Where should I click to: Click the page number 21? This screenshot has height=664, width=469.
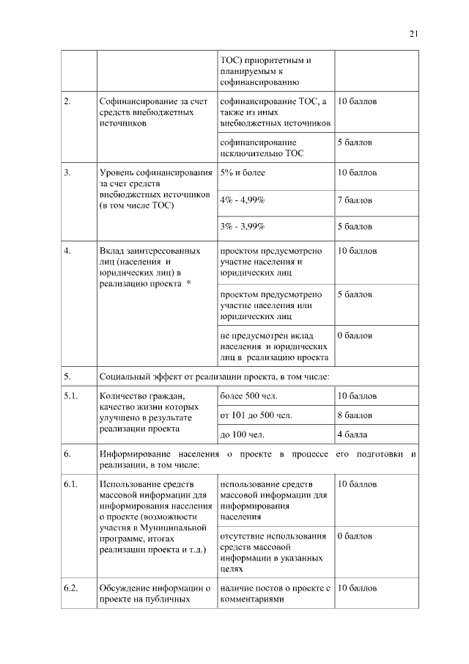[413, 33]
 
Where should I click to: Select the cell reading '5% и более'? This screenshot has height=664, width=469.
[243, 172]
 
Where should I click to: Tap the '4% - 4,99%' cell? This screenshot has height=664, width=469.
[243, 200]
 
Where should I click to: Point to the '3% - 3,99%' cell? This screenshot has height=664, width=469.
[243, 226]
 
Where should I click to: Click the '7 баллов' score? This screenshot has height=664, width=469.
[355, 200]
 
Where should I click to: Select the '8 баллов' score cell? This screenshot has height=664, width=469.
[355, 415]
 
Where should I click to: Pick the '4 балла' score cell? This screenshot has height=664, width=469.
[352, 434]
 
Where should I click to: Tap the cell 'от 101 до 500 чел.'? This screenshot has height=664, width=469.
[256, 415]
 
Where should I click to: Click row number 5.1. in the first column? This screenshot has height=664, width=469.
[70, 396]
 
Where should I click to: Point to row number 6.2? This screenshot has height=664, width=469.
[70, 588]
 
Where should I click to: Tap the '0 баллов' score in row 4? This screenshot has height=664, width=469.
[355, 335]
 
